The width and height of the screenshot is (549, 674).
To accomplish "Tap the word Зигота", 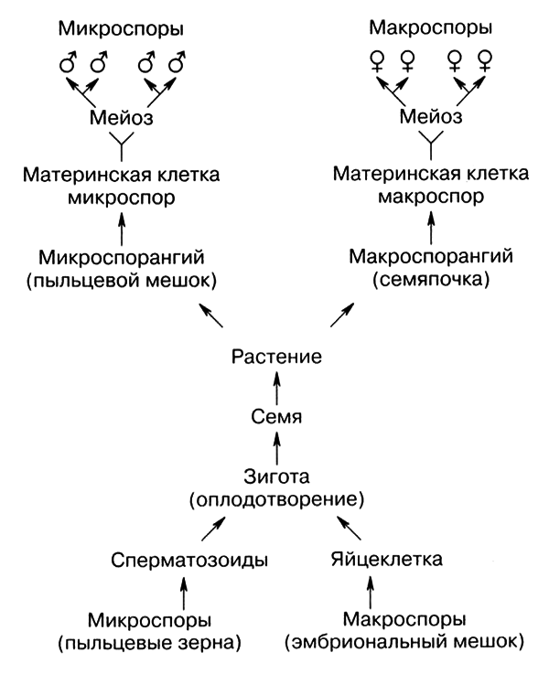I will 275,476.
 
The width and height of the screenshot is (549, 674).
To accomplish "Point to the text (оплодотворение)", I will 275,500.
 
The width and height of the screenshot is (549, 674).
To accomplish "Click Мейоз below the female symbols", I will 429,118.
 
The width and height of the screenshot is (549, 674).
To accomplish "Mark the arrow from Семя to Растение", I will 275,386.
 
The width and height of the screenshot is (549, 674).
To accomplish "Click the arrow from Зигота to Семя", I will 275,445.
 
